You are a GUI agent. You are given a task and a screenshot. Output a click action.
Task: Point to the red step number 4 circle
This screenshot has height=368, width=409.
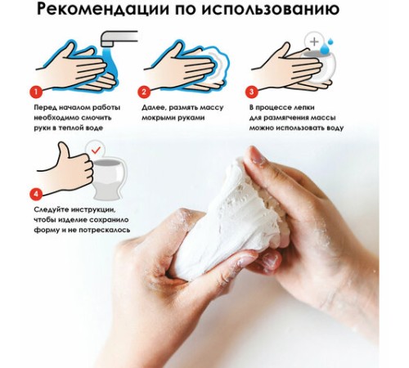[x=34, y=194]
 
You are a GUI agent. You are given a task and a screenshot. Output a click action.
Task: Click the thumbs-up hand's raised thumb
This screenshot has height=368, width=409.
[x=62, y=152]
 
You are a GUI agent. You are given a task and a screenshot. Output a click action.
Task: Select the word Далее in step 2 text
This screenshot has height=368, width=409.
[x=154, y=107]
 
